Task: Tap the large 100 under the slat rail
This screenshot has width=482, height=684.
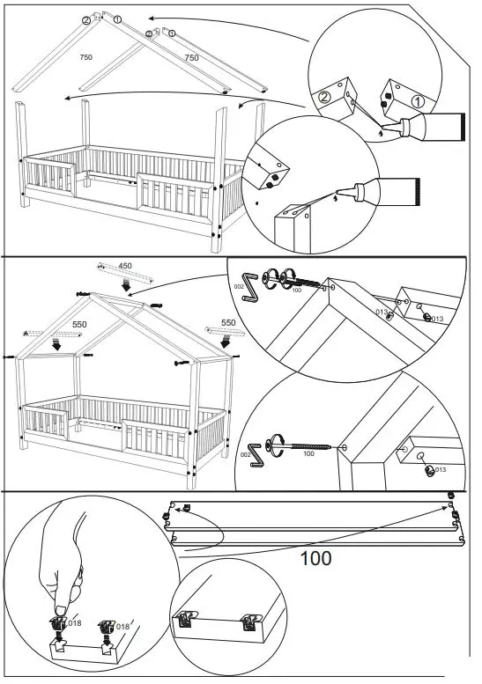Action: click(315, 558)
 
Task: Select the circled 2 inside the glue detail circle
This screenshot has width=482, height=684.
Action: click(325, 98)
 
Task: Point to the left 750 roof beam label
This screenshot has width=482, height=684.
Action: click(86, 57)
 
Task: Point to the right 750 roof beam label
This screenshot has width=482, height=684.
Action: click(190, 57)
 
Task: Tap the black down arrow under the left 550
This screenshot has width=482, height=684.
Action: click(56, 345)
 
